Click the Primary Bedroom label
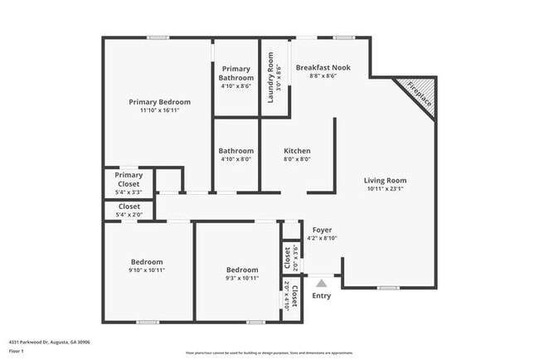pyautogui.click(x=159, y=102)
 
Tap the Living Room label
pyautogui.click(x=386, y=180)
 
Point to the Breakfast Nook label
pyautogui.click(x=323, y=66)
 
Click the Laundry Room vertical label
pyautogui.click(x=270, y=78)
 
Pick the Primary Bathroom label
pyautogui.click(x=237, y=73)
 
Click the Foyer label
pyautogui.click(x=322, y=229)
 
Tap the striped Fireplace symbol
pyautogui.click(x=418, y=95)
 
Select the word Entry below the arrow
pyautogui.click(x=320, y=295)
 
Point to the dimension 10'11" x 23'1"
pyautogui.click(x=386, y=189)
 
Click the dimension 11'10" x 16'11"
pyautogui.click(x=159, y=111)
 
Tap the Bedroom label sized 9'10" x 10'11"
pyautogui.click(x=147, y=261)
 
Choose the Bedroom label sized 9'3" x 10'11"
pyautogui.click(x=242, y=270)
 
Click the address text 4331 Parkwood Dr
pyautogui.click(x=50, y=342)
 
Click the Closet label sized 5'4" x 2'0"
pyautogui.click(x=129, y=207)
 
